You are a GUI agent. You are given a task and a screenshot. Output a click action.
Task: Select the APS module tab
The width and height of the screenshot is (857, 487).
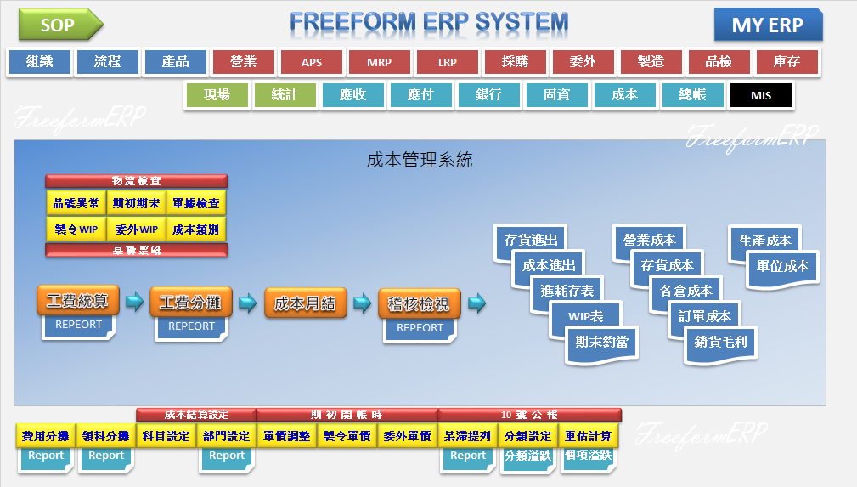click(x=311, y=62)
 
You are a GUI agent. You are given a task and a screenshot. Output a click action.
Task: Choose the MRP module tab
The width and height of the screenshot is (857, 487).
click(x=379, y=62)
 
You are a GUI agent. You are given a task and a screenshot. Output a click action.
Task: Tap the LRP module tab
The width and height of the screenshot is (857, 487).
click(x=447, y=62)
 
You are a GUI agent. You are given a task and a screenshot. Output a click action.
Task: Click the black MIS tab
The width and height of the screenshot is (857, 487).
click(x=760, y=95)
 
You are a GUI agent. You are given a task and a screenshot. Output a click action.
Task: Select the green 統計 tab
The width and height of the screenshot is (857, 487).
click(x=285, y=95)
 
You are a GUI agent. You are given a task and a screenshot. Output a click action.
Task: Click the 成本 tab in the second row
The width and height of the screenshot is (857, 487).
click(x=624, y=95)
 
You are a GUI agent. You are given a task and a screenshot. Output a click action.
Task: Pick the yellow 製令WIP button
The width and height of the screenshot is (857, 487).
click(x=76, y=229)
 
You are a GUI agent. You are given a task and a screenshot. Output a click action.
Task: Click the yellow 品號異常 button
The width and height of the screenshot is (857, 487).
click(x=76, y=203)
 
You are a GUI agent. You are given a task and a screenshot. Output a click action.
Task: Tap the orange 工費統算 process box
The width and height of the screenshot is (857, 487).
click(x=77, y=302)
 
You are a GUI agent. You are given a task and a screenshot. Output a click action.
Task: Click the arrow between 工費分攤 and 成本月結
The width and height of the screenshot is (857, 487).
click(x=247, y=302)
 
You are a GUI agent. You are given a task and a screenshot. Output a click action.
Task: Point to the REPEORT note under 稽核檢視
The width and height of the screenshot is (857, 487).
click(x=420, y=328)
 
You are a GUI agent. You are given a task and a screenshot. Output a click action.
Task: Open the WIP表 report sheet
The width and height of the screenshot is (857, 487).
click(x=587, y=316)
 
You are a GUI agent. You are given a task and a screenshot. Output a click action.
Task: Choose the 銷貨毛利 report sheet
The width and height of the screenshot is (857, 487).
click(x=720, y=342)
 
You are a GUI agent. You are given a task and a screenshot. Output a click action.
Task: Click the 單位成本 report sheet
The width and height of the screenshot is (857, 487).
click(x=782, y=265)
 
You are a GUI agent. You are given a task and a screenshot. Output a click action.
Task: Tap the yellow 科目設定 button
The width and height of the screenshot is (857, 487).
click(x=166, y=436)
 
